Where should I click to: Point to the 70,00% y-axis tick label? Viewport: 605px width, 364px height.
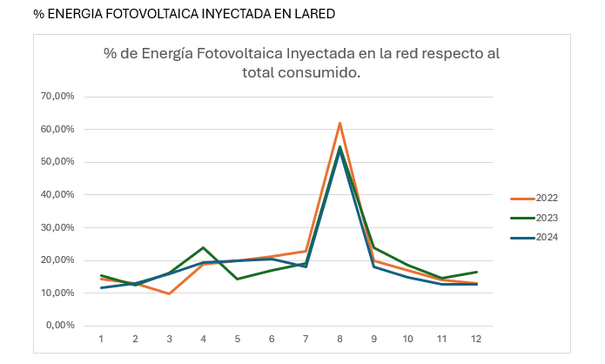click(58, 96)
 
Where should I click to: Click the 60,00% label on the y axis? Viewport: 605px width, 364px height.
click(58, 129)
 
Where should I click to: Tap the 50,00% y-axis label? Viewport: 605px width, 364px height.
click(58, 162)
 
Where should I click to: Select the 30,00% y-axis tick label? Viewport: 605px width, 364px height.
click(58, 227)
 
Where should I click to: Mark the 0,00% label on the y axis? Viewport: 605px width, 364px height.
click(61, 326)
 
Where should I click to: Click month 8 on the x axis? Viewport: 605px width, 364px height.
click(339, 339)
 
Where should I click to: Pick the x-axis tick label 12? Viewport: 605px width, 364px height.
click(475, 339)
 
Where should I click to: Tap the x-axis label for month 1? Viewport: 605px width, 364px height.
click(101, 339)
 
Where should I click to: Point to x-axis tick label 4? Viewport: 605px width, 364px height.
click(203, 339)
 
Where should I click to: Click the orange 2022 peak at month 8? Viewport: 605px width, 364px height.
click(339, 123)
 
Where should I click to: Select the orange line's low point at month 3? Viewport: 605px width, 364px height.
click(169, 293)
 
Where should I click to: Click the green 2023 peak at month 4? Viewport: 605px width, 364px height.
click(203, 247)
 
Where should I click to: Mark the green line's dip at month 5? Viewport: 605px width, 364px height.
click(237, 279)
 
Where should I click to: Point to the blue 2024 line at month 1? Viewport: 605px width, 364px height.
click(101, 287)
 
